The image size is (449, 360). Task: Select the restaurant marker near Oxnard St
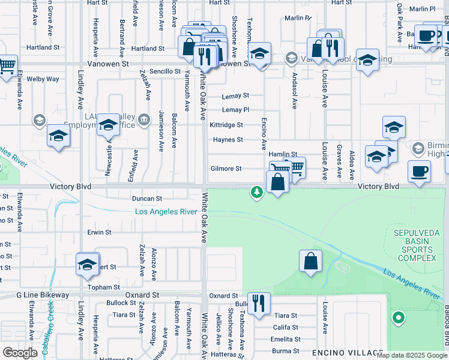point(259,302)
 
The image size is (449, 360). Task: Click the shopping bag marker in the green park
point(310,261)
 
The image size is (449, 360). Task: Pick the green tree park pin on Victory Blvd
point(257,192)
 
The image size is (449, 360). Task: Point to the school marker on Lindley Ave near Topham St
point(87,265)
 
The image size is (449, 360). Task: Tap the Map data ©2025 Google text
point(411,355)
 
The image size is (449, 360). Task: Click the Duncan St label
point(147,198)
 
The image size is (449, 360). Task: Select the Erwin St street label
point(99,232)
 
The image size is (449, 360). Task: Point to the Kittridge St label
point(226,125)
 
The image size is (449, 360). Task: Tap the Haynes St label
point(228,140)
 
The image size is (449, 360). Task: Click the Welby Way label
point(43,79)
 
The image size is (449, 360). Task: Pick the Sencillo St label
point(165,71)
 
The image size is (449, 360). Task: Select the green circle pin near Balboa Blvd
point(397,317)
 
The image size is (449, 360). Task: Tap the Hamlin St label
point(283,154)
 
